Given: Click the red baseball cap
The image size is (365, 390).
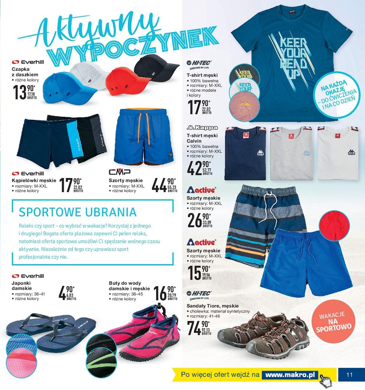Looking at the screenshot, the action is point(120,79).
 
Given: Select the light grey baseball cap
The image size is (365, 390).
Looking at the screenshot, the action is point(85,74).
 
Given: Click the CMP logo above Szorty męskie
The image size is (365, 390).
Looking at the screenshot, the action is point(119,172).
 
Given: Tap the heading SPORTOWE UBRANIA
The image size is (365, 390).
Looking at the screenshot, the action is point(77,212).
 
